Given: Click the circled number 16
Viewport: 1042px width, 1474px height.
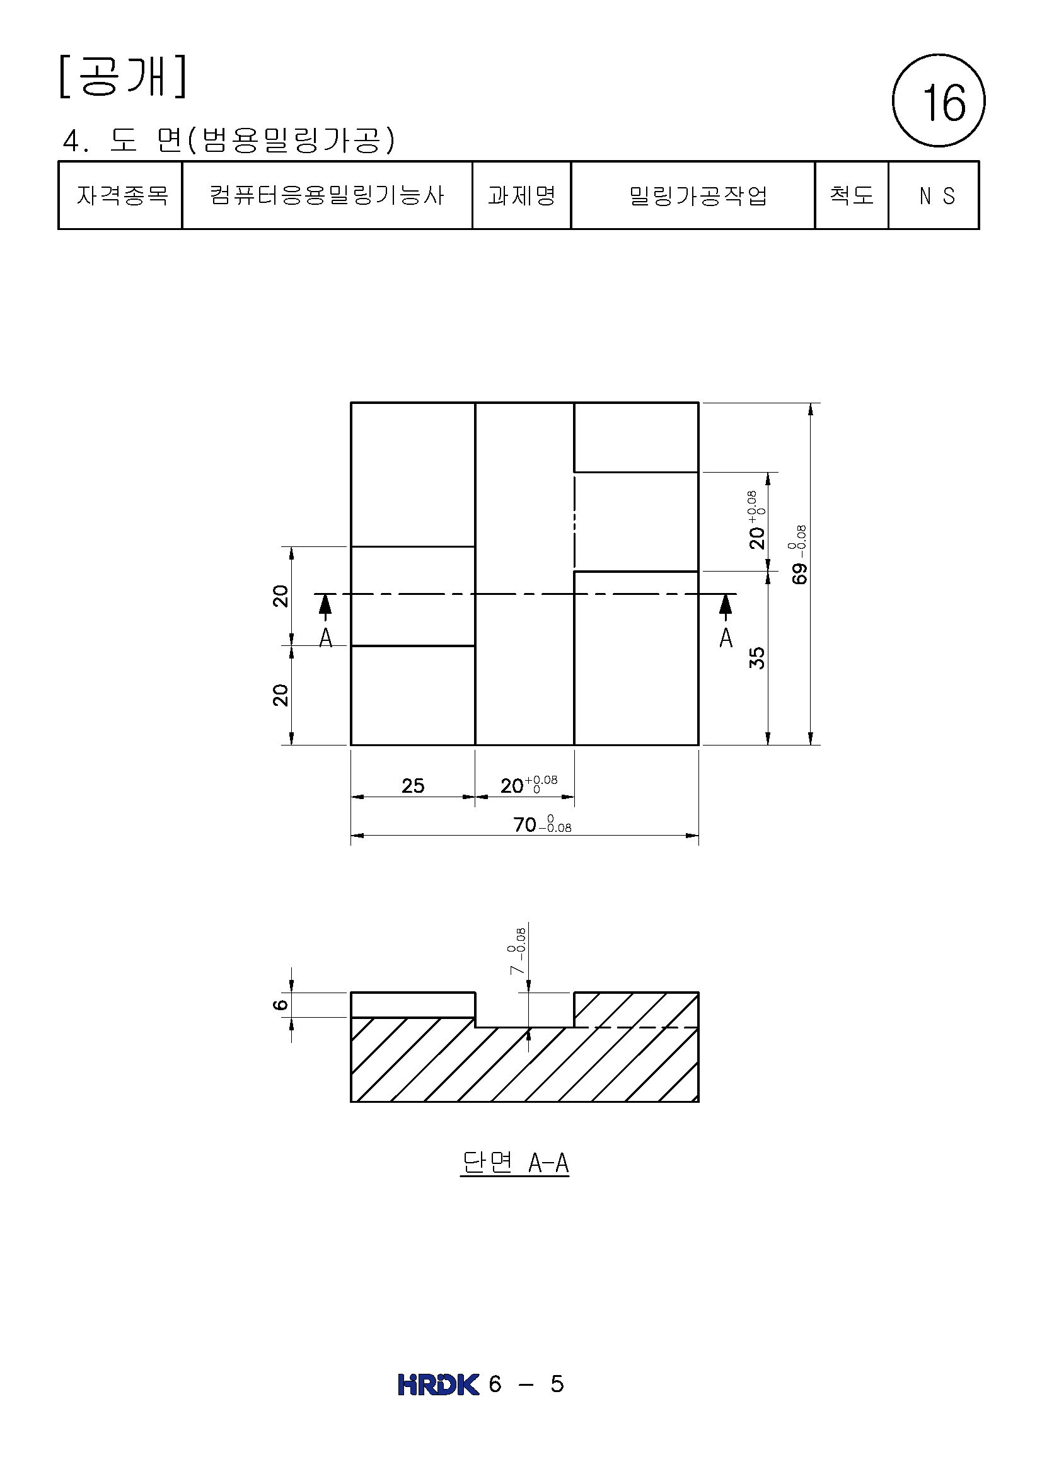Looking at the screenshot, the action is (939, 100).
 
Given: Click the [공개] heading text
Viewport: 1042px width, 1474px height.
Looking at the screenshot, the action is (123, 76).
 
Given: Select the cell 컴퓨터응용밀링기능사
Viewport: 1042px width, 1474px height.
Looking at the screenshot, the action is (327, 195).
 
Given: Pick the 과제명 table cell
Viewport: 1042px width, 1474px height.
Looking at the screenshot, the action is (521, 195).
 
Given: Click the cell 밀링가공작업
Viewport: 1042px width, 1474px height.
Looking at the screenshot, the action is (693, 195).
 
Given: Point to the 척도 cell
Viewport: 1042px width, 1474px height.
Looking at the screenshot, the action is (852, 195).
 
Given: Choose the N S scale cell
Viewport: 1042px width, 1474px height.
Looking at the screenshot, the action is (934, 195).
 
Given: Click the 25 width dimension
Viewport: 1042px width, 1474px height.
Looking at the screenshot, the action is (413, 786).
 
